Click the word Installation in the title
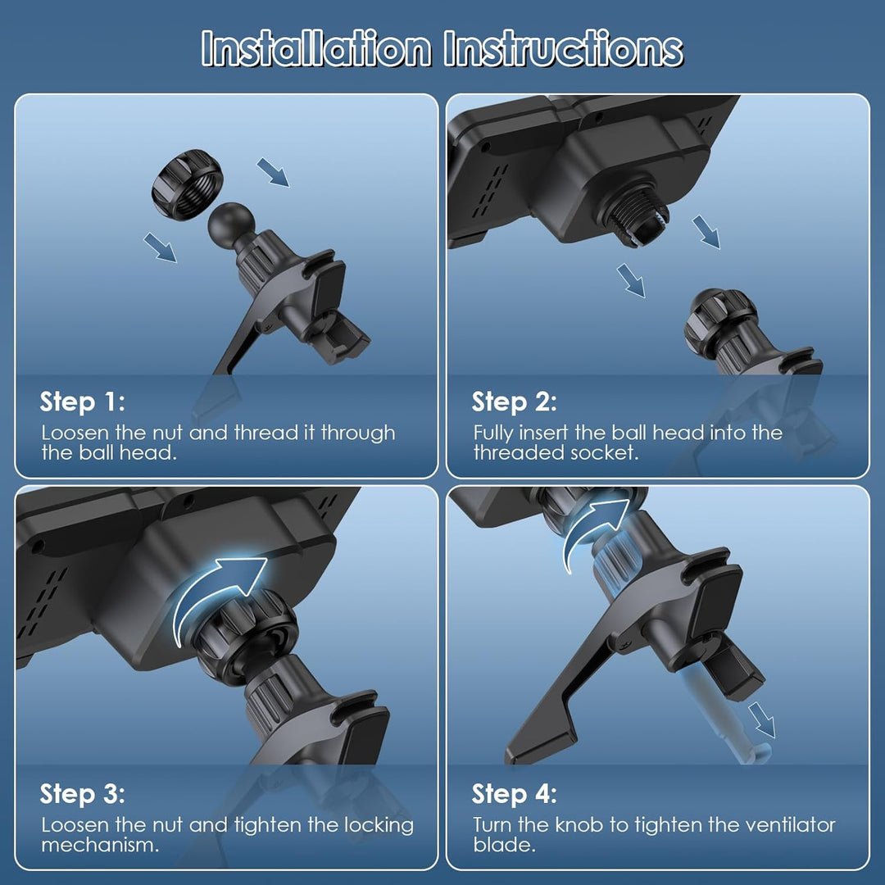316,48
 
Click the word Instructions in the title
563,48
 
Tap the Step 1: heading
83,402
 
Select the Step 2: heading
514,402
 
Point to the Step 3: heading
83,793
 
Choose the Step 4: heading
514,793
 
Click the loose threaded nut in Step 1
188,184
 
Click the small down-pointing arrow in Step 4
762,719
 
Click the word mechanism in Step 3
100,845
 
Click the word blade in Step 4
504,845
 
